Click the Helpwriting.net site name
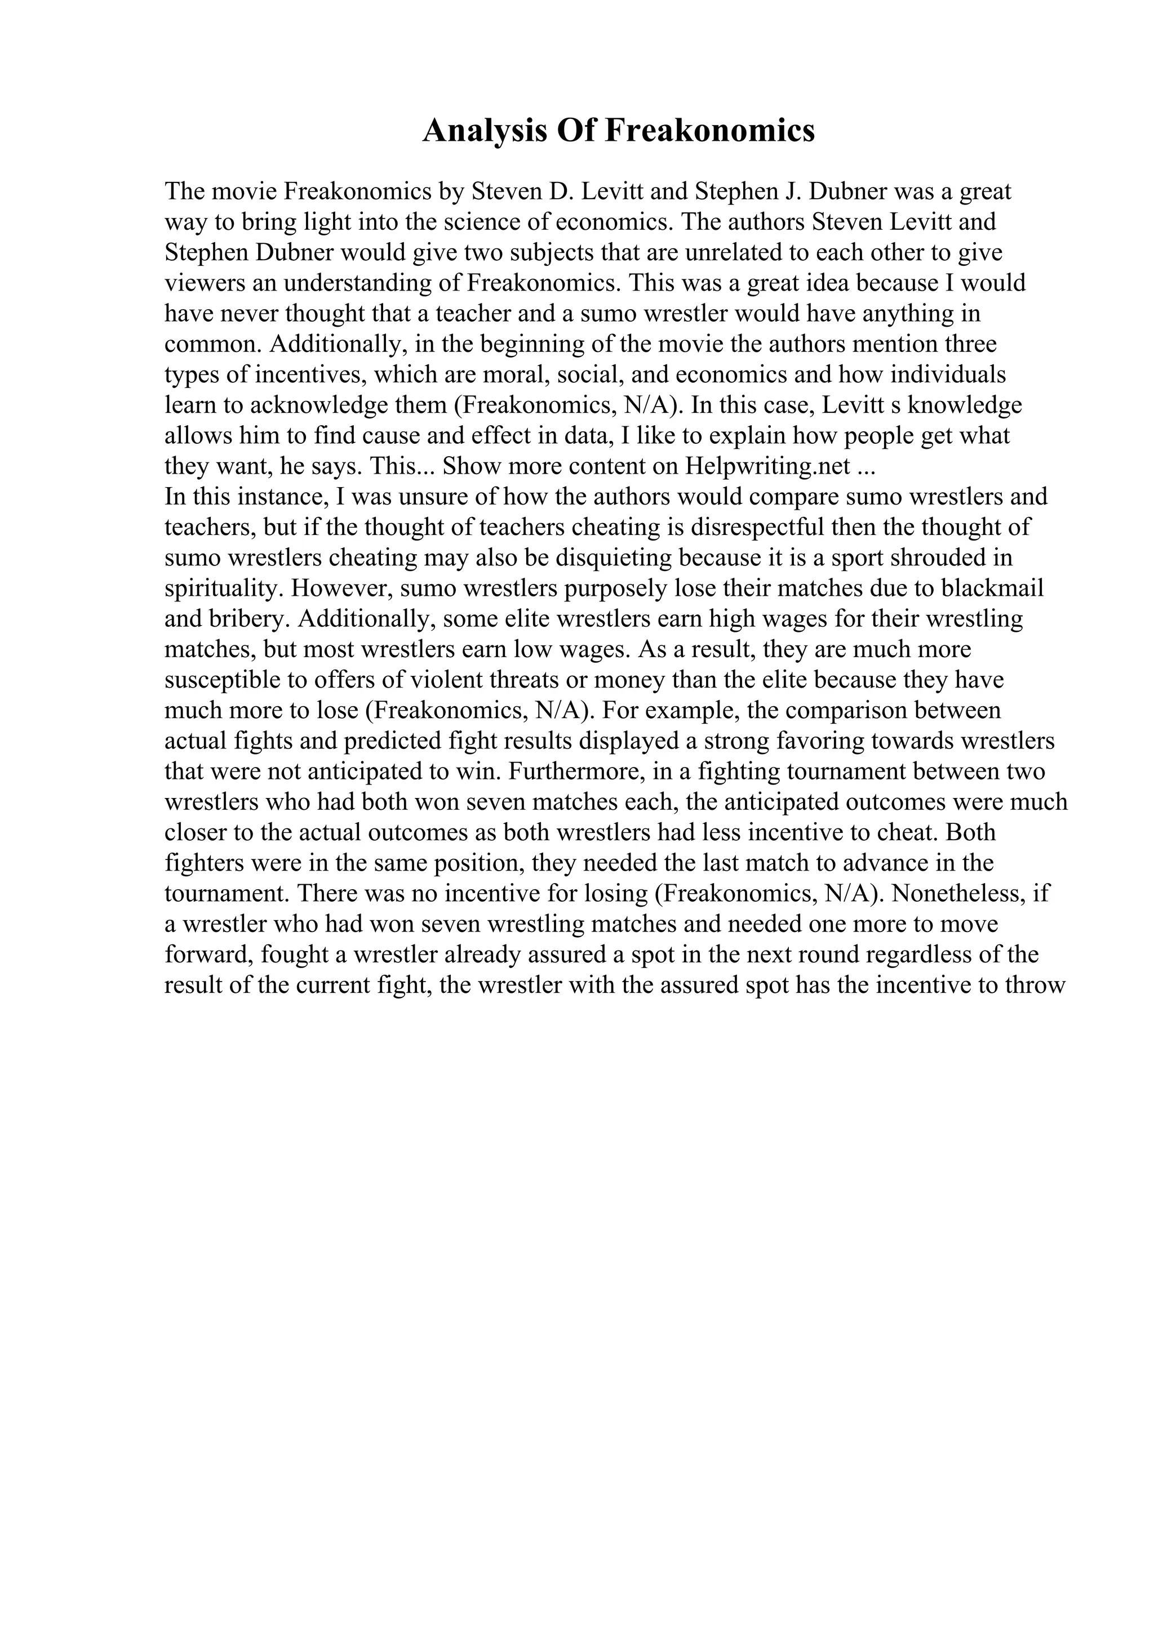pyautogui.click(x=768, y=466)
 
